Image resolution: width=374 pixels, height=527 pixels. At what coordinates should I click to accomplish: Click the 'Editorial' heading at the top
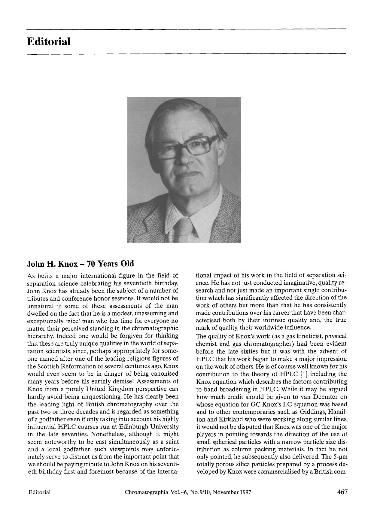[48, 41]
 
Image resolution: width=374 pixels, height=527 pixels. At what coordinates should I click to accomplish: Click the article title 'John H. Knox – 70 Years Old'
[81, 264]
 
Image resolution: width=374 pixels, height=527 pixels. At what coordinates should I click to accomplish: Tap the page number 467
[342, 492]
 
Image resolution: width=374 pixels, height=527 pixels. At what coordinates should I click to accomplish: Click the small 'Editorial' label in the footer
[39, 492]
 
